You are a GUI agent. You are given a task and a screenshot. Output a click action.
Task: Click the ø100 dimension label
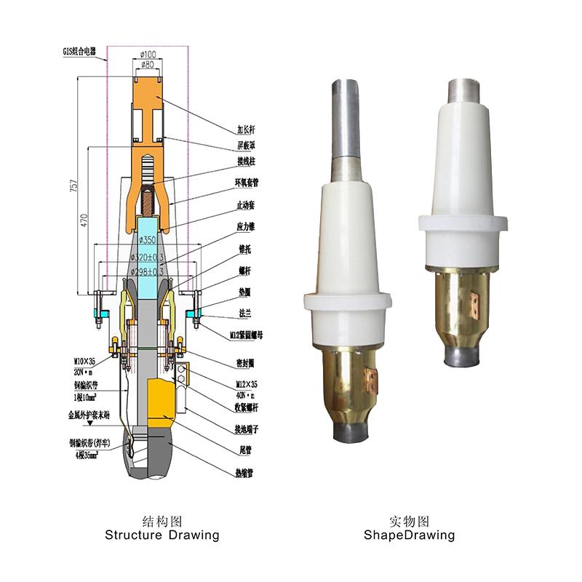[148, 55]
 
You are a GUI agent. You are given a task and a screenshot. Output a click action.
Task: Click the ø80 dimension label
[148, 65]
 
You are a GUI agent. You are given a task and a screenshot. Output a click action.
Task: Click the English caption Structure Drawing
[162, 535]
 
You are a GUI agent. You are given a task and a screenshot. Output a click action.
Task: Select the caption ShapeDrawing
[410, 535]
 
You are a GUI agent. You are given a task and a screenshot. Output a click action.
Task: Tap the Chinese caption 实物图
[410, 522]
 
